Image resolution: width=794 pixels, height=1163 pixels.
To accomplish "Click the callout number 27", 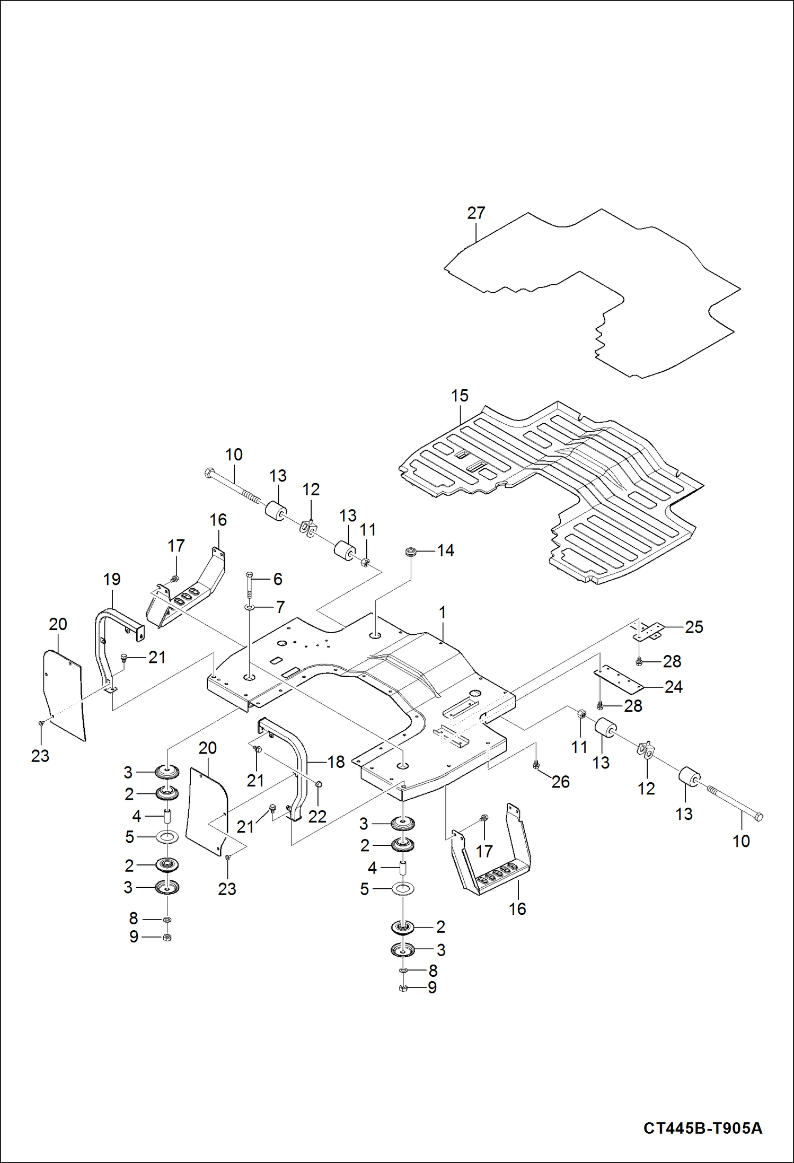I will click(x=476, y=213).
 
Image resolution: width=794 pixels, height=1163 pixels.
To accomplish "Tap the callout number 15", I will click(x=460, y=396).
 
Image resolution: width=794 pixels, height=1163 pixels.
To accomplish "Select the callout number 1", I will click(x=443, y=613).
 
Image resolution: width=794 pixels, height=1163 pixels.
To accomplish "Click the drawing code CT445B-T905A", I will click(x=703, y=1128).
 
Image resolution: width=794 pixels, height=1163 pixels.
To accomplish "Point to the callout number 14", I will click(x=445, y=550).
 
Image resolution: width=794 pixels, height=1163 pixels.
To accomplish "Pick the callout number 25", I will click(x=694, y=627).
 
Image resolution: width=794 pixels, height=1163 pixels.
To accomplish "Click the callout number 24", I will click(x=673, y=687).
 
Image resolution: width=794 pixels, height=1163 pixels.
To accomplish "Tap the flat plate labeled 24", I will click(x=618, y=679).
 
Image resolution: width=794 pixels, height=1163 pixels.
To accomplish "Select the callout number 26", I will click(x=560, y=781).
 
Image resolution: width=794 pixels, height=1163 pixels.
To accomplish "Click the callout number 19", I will click(x=112, y=579).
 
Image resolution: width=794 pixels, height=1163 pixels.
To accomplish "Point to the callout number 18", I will click(x=336, y=762).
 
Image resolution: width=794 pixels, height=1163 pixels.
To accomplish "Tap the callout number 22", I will click(x=317, y=816).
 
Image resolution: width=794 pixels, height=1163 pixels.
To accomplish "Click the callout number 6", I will click(x=278, y=579).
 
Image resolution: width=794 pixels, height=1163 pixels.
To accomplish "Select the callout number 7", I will click(x=280, y=607).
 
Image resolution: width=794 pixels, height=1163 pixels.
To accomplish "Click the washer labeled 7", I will click(x=249, y=607).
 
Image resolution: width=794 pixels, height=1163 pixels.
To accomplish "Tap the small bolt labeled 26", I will click(x=536, y=764).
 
